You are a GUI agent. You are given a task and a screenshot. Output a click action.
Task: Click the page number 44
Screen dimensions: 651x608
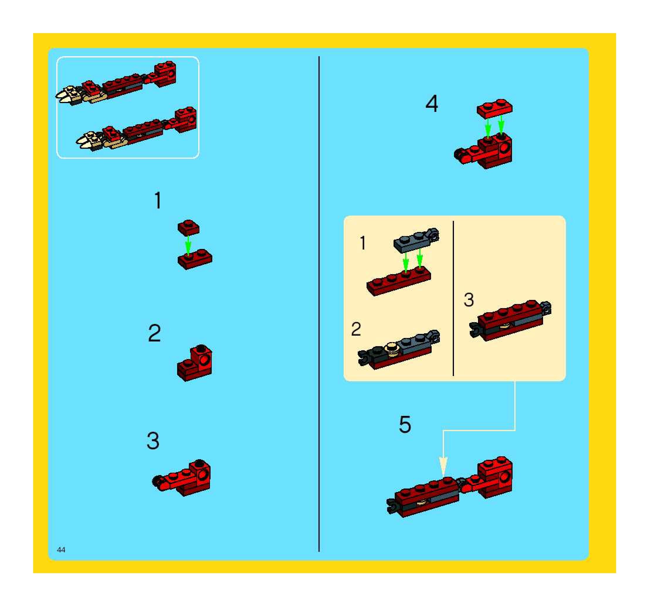click(61, 559)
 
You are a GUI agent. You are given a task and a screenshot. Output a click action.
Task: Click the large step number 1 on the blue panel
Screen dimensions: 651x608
click(158, 200)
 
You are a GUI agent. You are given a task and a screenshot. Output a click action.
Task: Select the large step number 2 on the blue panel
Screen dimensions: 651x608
click(155, 333)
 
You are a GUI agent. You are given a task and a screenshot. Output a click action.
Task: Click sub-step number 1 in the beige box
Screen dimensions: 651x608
click(362, 243)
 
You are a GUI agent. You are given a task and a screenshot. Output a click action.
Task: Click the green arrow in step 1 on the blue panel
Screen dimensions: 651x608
click(188, 245)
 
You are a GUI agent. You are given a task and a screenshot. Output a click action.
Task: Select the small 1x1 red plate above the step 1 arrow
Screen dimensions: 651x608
click(188, 227)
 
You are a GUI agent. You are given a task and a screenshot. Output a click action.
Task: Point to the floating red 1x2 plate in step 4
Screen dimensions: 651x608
click(494, 108)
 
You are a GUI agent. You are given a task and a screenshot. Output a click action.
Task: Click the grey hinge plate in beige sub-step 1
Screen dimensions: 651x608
click(416, 240)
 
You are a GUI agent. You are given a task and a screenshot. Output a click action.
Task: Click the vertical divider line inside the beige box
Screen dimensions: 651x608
click(453, 298)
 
